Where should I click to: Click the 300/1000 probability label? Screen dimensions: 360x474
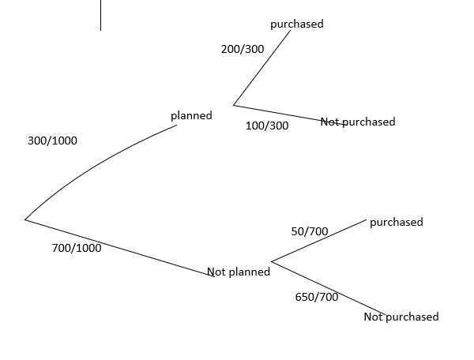point(51,141)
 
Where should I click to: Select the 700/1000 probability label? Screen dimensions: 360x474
point(76,247)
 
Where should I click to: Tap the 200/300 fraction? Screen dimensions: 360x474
point(243,49)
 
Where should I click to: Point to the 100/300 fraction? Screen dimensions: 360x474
point(267,126)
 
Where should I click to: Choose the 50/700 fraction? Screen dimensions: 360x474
point(310,231)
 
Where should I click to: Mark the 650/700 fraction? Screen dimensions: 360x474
point(316,297)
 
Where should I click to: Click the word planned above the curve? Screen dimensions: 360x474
point(191,115)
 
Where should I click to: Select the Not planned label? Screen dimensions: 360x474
point(239,272)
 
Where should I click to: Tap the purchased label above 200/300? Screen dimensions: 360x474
point(297,24)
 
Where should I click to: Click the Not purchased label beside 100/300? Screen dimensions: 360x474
point(358,122)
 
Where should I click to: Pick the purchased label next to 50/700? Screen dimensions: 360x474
point(397,222)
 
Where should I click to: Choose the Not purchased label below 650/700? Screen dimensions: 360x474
point(401,317)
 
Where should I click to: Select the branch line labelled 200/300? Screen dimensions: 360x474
point(262,69)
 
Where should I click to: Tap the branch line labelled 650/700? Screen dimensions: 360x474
point(328,287)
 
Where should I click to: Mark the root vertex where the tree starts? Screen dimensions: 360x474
point(25,219)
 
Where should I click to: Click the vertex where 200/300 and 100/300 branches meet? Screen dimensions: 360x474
point(234,104)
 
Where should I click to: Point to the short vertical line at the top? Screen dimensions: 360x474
point(100,15)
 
